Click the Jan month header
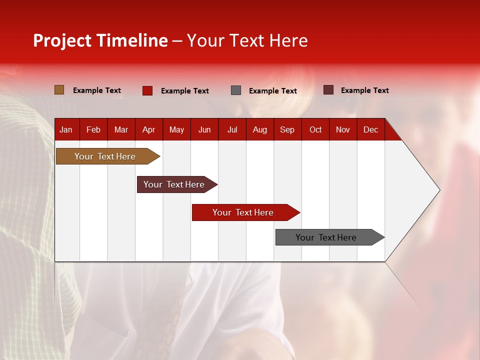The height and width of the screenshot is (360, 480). [66, 129]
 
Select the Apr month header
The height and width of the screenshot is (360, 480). [148, 129]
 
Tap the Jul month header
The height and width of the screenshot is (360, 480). [232, 129]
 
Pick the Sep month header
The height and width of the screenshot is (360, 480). [287, 129]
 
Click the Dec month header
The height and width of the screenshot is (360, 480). [370, 129]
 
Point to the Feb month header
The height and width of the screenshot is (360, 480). [93, 129]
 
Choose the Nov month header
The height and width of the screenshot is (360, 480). [342, 129]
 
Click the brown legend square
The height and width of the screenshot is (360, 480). [59, 90]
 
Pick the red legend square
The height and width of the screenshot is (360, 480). [147, 90]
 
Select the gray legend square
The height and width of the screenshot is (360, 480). [236, 90]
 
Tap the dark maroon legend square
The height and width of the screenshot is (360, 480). [328, 90]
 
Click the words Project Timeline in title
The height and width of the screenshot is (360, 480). [100, 40]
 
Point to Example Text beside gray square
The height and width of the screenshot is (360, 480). [273, 91]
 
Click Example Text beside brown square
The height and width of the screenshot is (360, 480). [97, 90]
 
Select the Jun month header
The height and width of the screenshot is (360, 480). [204, 129]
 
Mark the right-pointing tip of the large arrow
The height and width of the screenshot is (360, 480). [439, 190]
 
